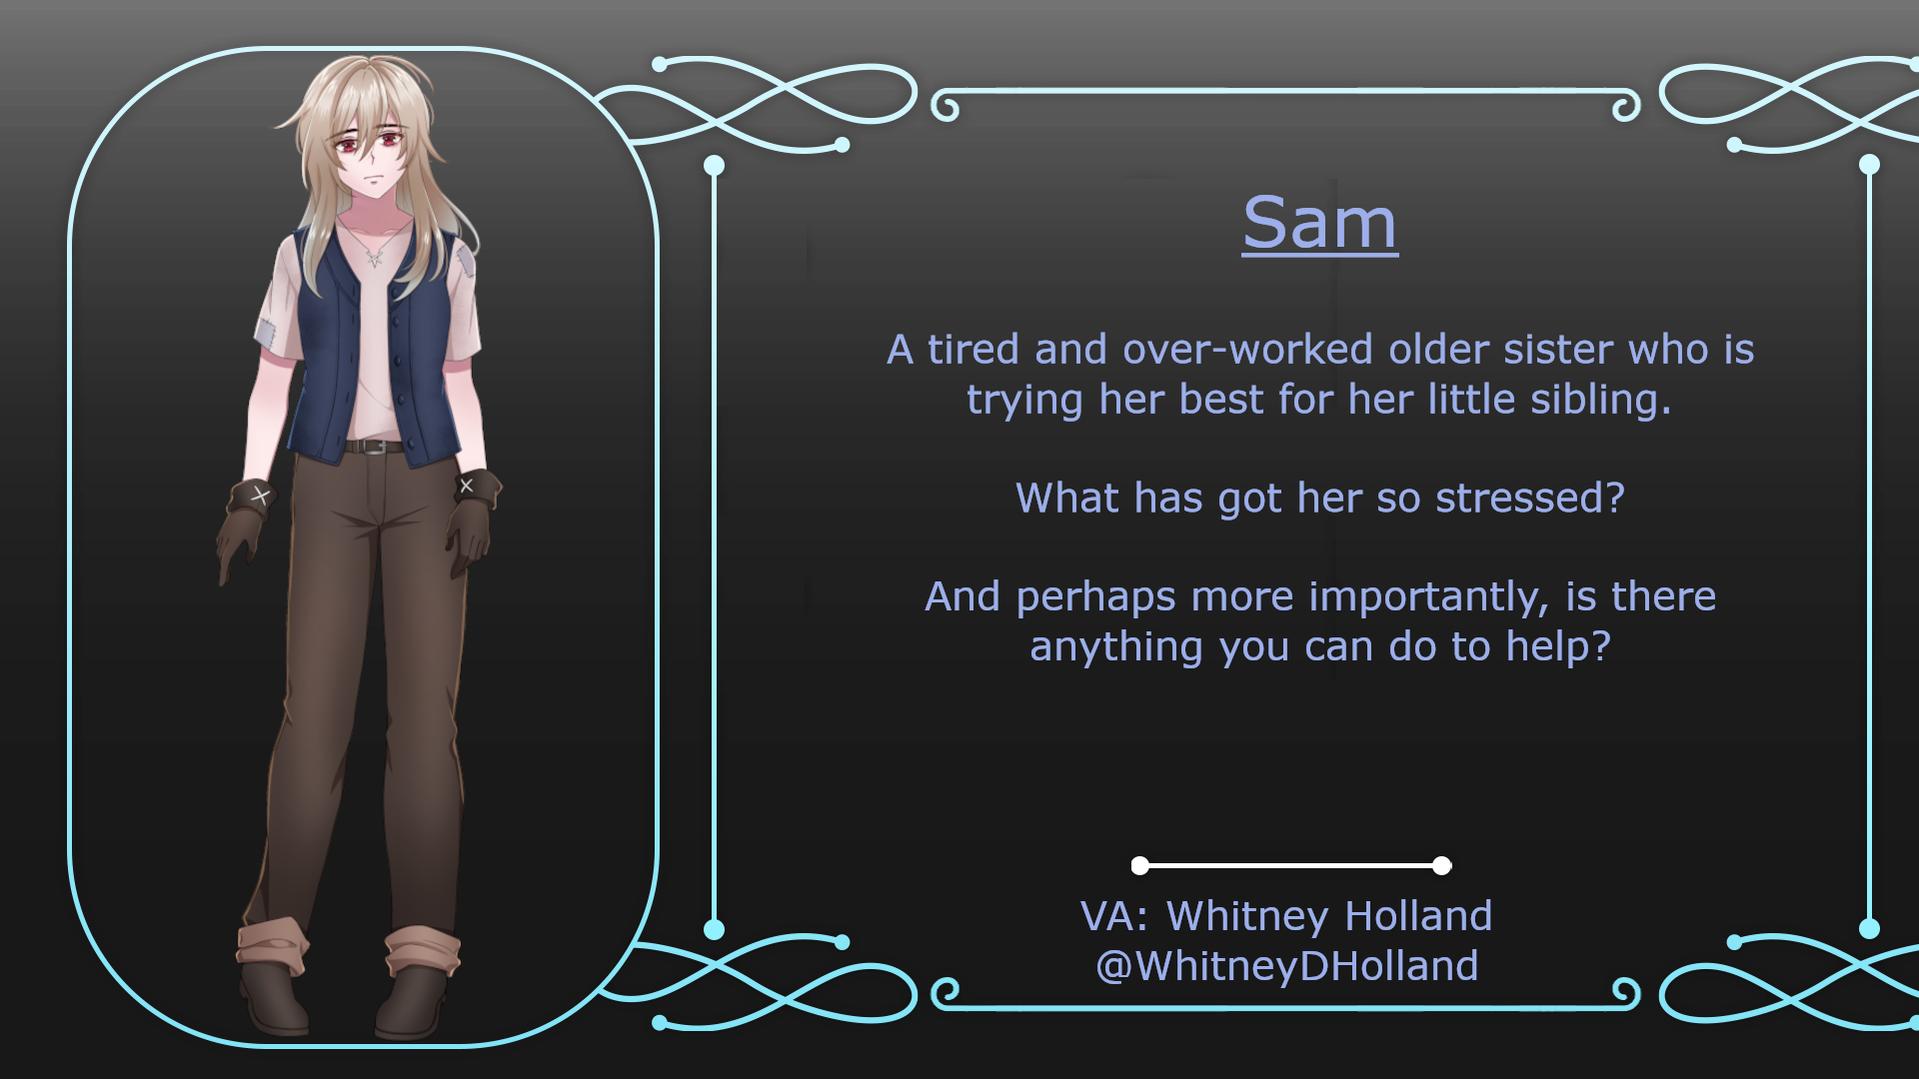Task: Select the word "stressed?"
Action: tap(1530, 498)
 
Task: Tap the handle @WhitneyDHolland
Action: tap(1287, 966)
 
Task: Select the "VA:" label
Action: tap(1114, 916)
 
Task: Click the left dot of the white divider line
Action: tap(1140, 865)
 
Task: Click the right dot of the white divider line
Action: tap(1441, 865)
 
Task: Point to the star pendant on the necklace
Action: tap(375, 259)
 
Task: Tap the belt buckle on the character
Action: tap(373, 447)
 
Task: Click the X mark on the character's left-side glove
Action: tap(261, 495)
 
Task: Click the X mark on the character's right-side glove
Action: tap(466, 486)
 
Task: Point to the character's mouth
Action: tap(372, 179)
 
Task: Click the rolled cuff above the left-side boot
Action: tap(272, 944)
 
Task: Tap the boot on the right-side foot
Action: tap(412, 1001)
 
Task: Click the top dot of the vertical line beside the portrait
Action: tap(714, 165)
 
